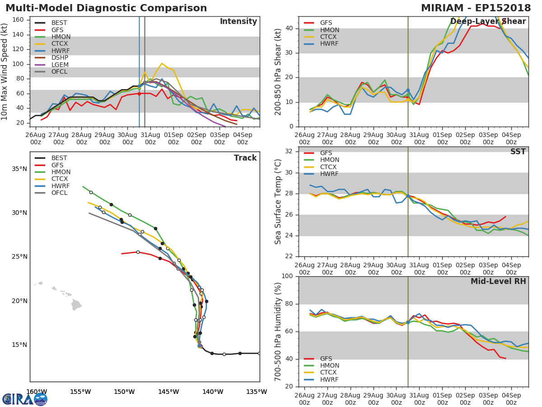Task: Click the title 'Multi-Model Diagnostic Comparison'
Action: click(x=106, y=8)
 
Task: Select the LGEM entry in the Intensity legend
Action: click(x=60, y=65)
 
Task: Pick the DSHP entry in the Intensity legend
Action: click(x=60, y=58)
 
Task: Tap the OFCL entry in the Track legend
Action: click(x=59, y=193)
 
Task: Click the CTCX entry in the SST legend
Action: click(x=329, y=167)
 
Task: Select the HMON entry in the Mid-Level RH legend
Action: click(x=329, y=366)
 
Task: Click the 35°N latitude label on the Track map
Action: click(x=19, y=169)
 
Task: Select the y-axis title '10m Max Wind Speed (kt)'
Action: click(x=5, y=72)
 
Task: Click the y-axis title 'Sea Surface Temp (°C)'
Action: click(x=278, y=202)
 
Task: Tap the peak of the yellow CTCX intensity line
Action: click(x=162, y=63)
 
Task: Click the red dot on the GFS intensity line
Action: click(x=139, y=94)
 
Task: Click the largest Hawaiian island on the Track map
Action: click(x=76, y=305)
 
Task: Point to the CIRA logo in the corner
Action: click(x=25, y=399)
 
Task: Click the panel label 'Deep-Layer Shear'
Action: click(x=488, y=22)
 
